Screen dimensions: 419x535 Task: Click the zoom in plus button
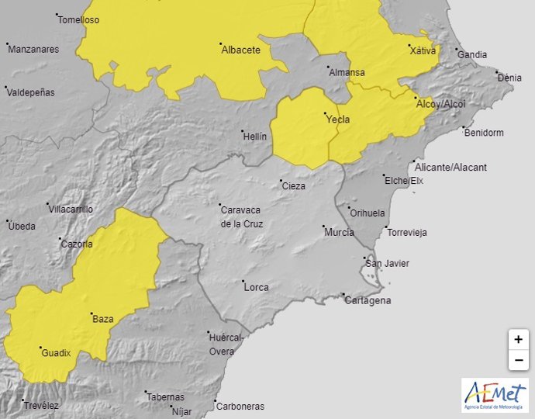(x=518, y=340)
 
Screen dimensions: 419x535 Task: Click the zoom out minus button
(x=518, y=361)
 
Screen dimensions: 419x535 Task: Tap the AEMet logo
(x=495, y=395)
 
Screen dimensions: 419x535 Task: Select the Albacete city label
(x=240, y=50)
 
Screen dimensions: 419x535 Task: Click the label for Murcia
(x=340, y=232)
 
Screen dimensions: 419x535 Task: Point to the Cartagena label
(x=368, y=300)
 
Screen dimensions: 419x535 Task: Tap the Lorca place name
(x=257, y=287)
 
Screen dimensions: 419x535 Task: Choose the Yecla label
(x=337, y=119)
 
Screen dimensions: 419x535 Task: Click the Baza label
(x=102, y=319)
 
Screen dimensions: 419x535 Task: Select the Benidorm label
(x=483, y=133)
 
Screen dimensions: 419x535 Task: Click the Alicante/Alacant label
(x=450, y=167)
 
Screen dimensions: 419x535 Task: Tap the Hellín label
(x=254, y=137)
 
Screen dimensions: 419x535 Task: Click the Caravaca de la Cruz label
(x=242, y=216)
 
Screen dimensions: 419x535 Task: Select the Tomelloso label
(x=78, y=20)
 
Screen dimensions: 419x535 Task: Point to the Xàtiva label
(x=423, y=51)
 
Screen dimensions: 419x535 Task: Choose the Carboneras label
(x=240, y=406)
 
